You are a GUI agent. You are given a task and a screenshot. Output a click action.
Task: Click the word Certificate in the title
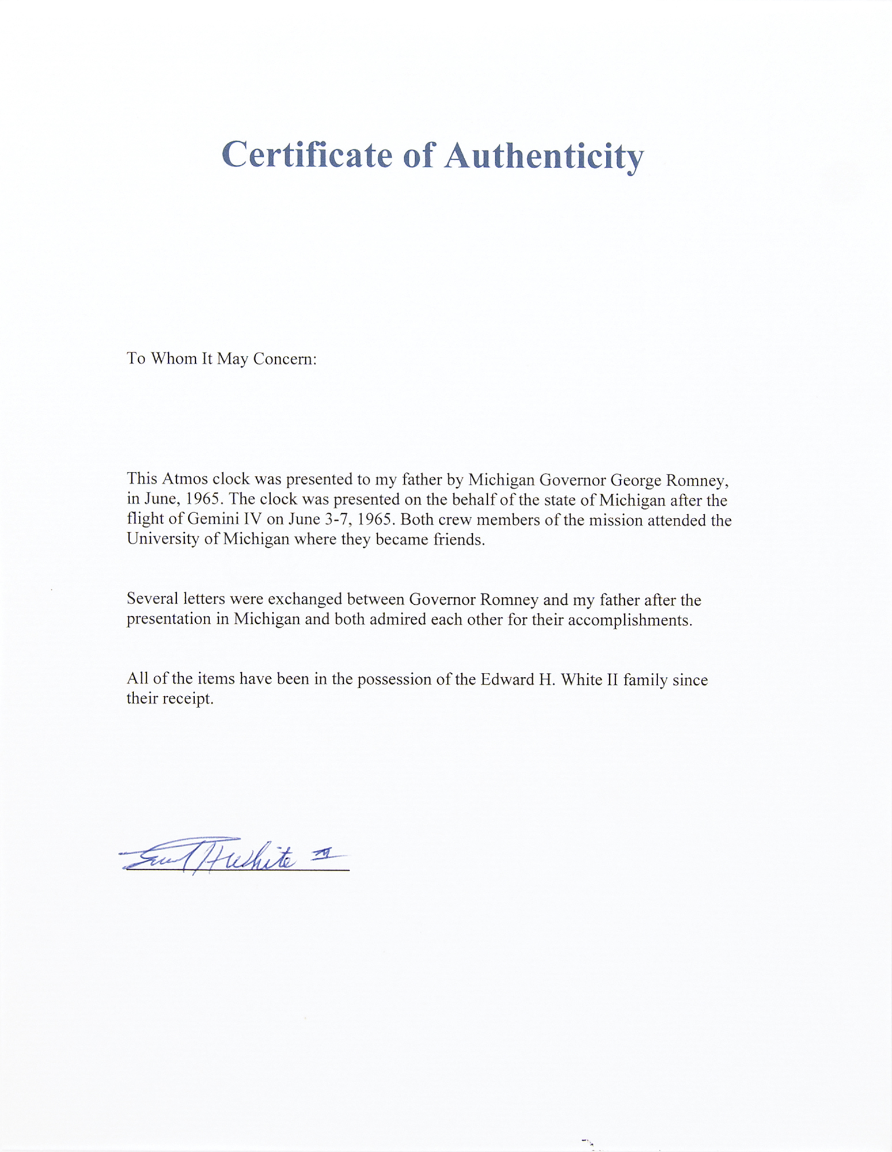click(306, 156)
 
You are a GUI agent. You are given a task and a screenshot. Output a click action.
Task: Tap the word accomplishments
click(629, 620)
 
